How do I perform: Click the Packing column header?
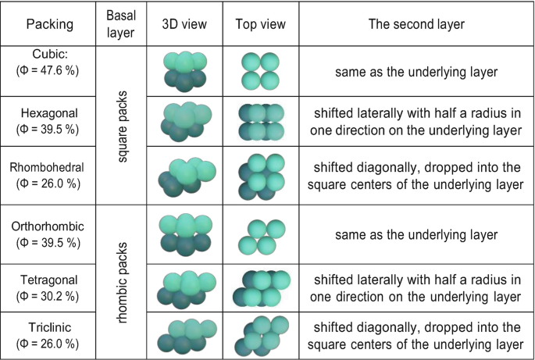click(50, 24)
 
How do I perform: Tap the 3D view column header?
click(184, 24)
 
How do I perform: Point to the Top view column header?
click(259, 24)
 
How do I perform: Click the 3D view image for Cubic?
click(184, 71)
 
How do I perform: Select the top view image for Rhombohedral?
click(259, 173)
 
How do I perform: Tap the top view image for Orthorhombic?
click(259, 232)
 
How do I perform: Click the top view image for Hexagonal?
click(259, 122)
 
